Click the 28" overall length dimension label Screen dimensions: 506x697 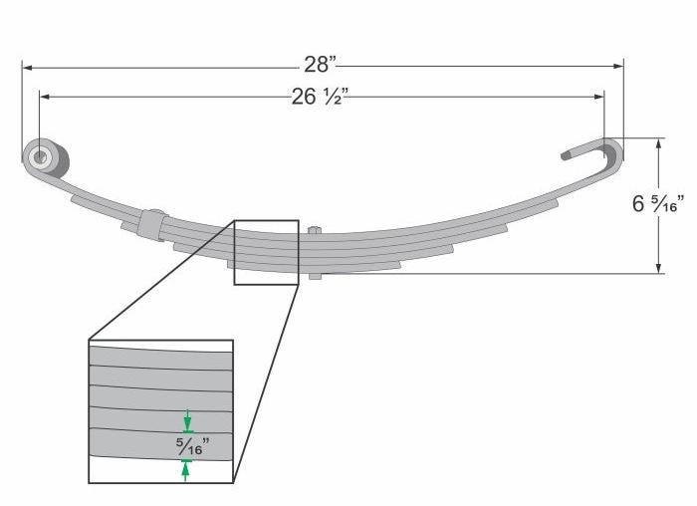(x=320, y=65)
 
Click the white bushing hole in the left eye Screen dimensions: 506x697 (x=42, y=156)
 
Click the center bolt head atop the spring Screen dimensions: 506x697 (x=315, y=231)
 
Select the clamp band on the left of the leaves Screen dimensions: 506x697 (x=152, y=223)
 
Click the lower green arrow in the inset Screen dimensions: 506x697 (x=186, y=469)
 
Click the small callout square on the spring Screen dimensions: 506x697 (x=266, y=253)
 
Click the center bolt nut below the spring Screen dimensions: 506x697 (x=315, y=274)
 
